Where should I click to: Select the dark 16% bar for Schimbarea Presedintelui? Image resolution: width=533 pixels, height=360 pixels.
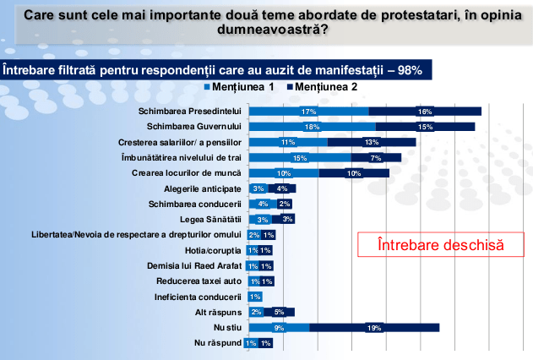point(425,112)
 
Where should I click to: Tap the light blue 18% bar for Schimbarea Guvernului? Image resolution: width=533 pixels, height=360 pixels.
point(313,127)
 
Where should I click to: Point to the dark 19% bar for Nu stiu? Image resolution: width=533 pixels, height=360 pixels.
point(374,328)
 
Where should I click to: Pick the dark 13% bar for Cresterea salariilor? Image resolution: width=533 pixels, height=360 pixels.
point(372,142)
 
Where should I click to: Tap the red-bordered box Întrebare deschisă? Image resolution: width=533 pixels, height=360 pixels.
point(441,245)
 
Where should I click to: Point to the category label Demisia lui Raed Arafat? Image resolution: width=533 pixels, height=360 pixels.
point(202,266)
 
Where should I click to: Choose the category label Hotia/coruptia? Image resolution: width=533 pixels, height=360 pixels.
point(215,251)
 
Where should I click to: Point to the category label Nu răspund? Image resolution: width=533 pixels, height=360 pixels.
point(220,343)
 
